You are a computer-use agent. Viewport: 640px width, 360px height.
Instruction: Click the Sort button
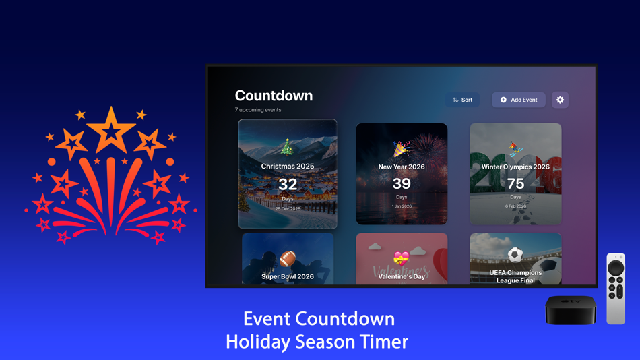pos(462,100)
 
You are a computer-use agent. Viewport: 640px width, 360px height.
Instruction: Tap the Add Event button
pos(518,100)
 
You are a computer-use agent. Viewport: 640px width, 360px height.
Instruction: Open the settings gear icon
pos(560,100)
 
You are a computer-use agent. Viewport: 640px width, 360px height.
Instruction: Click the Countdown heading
pos(274,96)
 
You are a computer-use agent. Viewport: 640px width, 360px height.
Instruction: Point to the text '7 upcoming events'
pos(258,110)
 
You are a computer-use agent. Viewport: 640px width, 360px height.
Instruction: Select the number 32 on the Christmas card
pos(288,184)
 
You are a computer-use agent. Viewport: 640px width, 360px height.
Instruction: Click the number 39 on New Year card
pos(402,183)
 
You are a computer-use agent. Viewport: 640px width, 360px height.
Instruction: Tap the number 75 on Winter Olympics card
pos(515,183)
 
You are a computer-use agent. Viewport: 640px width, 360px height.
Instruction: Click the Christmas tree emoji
pos(288,147)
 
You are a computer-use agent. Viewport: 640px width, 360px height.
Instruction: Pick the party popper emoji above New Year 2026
pos(402,149)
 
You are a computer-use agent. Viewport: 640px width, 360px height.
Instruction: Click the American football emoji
pos(288,259)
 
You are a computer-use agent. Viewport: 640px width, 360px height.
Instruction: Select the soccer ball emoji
pos(515,255)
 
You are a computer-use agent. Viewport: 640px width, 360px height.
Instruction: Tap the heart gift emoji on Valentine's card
pos(402,258)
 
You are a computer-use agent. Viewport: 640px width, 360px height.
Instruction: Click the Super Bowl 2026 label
pos(288,276)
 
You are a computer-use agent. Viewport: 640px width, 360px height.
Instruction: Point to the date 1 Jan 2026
pos(402,206)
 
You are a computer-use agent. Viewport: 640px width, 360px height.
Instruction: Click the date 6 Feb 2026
pos(515,206)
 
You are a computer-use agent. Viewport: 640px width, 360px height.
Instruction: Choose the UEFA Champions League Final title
pos(515,276)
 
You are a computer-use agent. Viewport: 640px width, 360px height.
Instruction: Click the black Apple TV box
pos(571,309)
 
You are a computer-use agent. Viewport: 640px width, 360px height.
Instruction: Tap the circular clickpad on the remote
pos(616,268)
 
